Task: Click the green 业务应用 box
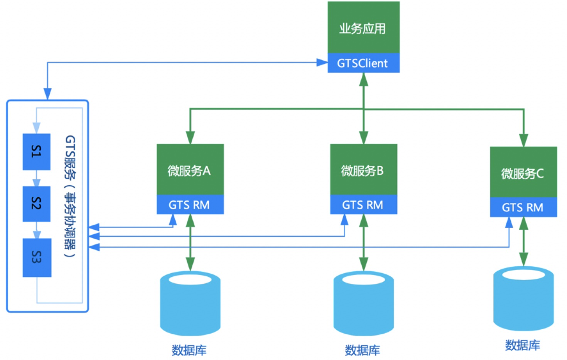(363, 27)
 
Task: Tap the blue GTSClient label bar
(363, 63)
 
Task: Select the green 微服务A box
(190, 170)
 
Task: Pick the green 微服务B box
(363, 170)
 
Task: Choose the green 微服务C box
(523, 172)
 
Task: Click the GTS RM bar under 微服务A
(190, 205)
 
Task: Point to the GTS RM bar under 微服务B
(363, 205)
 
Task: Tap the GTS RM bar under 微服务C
(523, 207)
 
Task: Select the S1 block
(36, 151)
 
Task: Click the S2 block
(36, 204)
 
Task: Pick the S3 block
(37, 257)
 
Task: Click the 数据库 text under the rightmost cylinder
(523, 345)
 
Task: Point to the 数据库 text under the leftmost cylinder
(189, 350)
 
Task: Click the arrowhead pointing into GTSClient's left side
(322, 62)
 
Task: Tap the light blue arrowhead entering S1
(36, 128)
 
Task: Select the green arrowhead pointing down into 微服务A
(190, 138)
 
